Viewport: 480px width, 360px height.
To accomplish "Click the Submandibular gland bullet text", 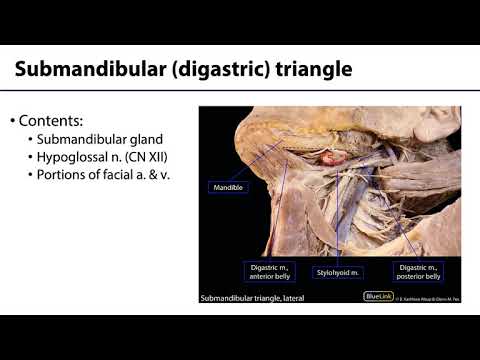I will pos(98,139).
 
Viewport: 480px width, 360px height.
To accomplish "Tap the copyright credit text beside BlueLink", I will pos(425,298).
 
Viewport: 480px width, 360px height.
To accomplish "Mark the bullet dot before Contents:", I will pos(13,121).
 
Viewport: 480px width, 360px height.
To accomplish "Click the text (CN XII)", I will pos(160,157).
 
